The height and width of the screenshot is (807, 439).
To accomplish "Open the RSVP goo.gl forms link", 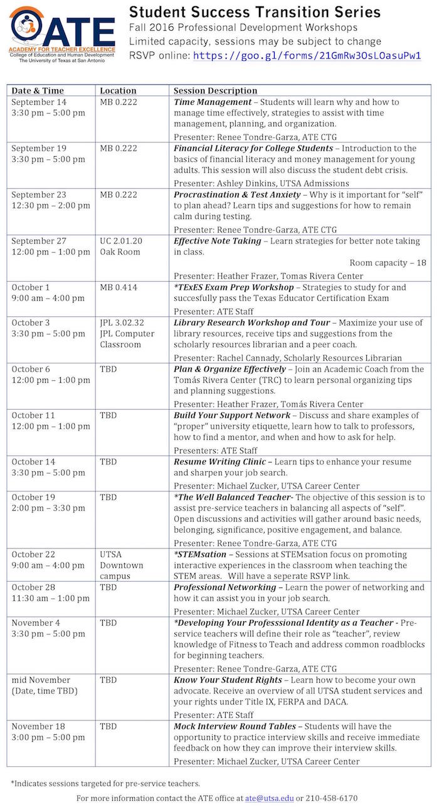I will coord(307,55).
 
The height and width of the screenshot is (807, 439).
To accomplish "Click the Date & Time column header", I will coord(38,91).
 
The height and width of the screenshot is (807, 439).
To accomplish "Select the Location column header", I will coord(118,91).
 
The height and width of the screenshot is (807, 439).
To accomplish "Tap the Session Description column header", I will coord(215,91).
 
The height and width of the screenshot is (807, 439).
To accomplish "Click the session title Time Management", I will coord(213,102).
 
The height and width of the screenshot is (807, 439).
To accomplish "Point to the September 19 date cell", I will coord(39,149).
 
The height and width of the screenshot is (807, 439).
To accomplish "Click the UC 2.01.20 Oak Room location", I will coord(121,247).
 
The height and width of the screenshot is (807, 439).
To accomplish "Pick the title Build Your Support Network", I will coord(232,415).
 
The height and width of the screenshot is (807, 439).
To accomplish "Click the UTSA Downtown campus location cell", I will coord(122,565).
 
